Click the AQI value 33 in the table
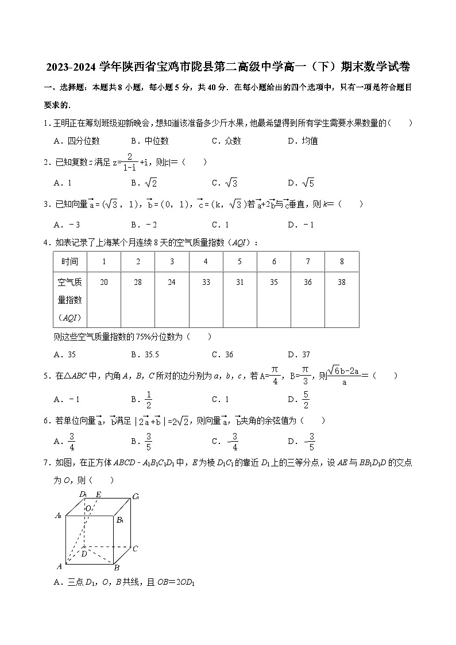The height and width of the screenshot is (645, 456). tap(206, 282)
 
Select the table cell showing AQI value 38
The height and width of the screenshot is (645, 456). tap(342, 282)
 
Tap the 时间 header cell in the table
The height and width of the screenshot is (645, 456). tap(69, 262)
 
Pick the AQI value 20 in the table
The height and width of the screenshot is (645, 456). tap(104, 282)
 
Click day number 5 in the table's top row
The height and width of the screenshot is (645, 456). tap(240, 262)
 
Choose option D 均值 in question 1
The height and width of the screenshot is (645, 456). tap(303, 141)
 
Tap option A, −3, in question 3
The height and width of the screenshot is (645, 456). tap(67, 225)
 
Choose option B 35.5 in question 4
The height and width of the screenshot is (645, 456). tap(145, 354)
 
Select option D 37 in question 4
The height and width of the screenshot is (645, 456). tap(299, 354)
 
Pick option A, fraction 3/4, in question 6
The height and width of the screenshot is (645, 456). tap(67, 441)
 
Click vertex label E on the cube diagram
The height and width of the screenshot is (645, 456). tap(98, 495)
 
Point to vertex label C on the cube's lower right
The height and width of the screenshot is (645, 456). tap(135, 549)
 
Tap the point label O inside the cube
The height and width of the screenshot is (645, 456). tap(88, 508)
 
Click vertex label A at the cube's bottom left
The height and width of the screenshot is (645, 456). tap(59, 566)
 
